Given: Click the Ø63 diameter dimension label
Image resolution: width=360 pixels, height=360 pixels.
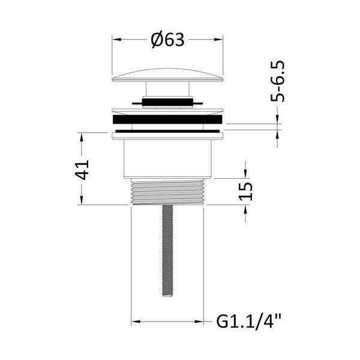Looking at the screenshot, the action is [167, 40].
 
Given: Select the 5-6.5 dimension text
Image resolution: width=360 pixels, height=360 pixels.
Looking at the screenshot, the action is [277, 81].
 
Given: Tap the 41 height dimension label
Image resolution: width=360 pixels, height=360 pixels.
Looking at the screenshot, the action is [82, 170].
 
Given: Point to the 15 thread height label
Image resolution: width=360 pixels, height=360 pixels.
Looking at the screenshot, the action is [245, 191].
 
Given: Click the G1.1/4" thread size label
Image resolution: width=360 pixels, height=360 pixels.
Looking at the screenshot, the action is [248, 322].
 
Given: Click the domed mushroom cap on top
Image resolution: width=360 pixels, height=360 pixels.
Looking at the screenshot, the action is [167, 75].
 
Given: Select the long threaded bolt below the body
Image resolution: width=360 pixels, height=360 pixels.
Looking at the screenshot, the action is [167, 250].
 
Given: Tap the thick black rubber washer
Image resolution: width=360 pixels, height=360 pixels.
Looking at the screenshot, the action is [167, 119].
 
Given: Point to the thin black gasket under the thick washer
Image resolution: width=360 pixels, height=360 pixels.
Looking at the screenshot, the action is [167, 131].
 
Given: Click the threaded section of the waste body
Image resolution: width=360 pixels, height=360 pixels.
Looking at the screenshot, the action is [167, 192].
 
